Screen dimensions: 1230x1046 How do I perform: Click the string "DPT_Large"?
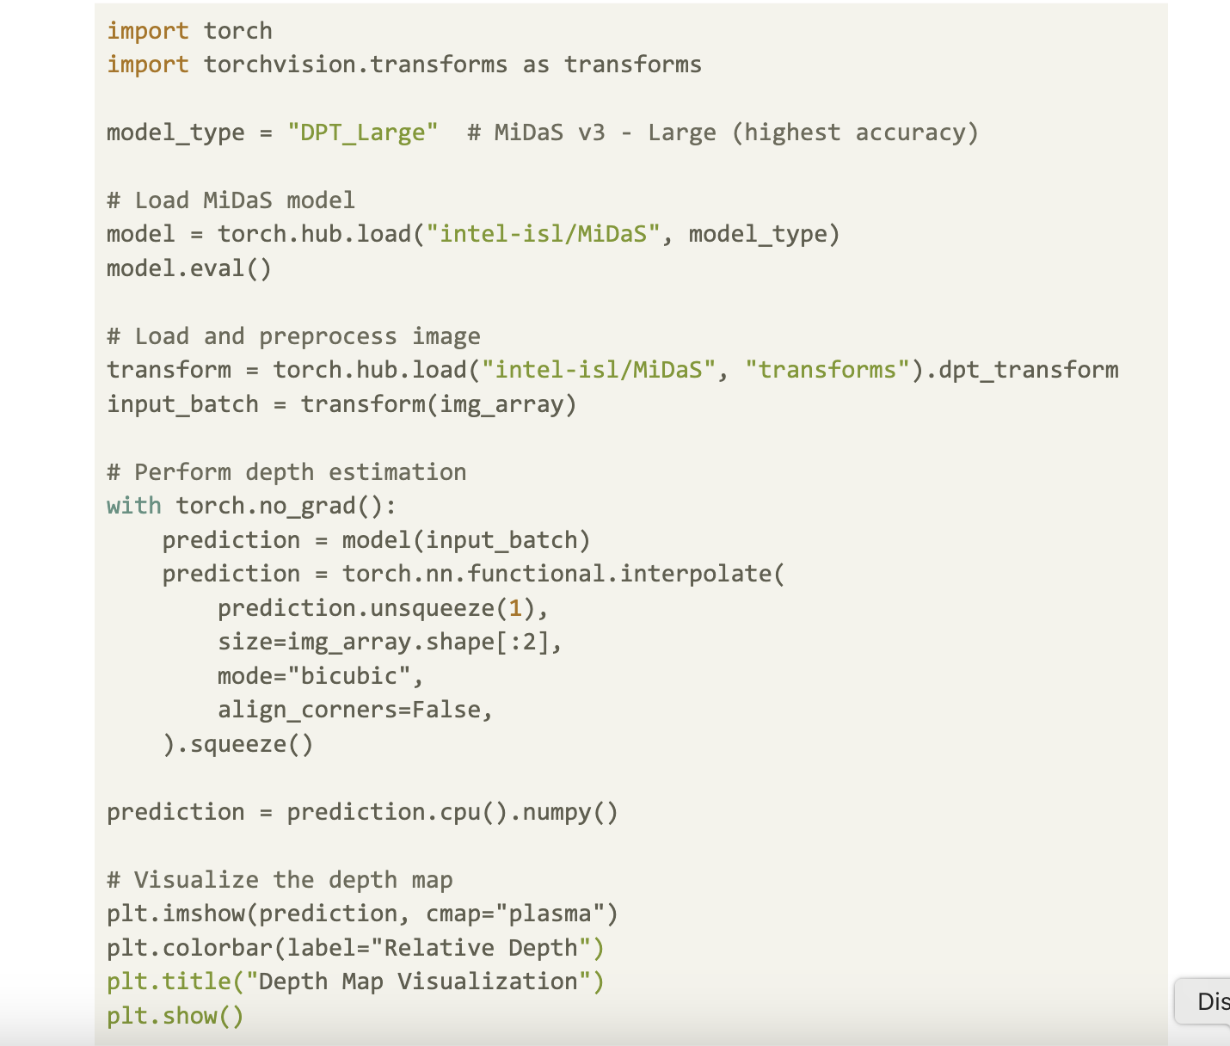coord(362,132)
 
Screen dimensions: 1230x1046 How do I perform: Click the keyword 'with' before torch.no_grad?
coord(134,506)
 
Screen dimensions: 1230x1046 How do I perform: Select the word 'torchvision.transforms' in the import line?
coord(355,65)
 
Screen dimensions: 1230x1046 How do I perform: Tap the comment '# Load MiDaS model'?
coord(231,200)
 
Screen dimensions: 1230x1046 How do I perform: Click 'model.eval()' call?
coord(189,268)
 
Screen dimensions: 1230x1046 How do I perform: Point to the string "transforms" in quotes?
coord(827,370)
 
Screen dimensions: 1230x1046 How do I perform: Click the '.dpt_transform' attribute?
coord(1021,370)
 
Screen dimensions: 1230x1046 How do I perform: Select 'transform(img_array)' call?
coord(439,404)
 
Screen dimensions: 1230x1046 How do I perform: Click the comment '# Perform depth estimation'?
coord(286,472)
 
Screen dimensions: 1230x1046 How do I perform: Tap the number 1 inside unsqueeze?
coord(514,608)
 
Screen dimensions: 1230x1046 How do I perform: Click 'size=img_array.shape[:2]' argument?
coord(383,642)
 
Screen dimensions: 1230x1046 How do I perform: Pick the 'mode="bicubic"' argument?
coord(314,676)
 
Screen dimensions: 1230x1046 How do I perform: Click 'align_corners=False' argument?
coord(348,710)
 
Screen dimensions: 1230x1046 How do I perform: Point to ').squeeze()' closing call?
coord(238,744)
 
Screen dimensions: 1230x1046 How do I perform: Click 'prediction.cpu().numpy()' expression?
coord(452,812)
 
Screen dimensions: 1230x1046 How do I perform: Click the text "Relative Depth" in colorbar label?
coord(481,948)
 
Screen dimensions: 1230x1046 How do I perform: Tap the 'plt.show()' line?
coord(175,1016)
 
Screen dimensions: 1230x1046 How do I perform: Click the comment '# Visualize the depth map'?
coord(280,880)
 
